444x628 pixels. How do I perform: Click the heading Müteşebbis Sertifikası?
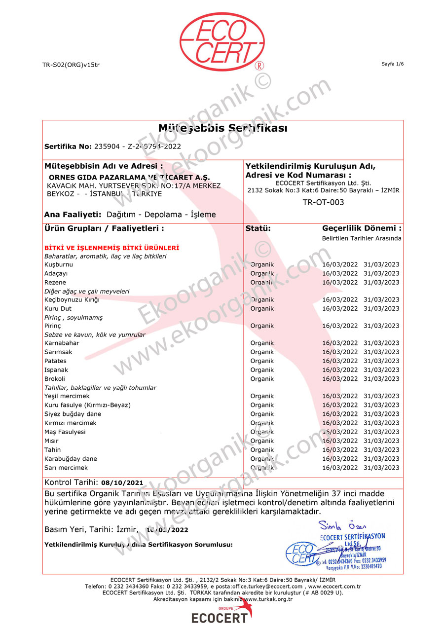pyautogui.click(x=222, y=128)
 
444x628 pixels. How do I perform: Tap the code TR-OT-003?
pyautogui.click(x=323, y=202)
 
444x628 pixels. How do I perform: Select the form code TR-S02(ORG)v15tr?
pyautogui.click(x=71, y=65)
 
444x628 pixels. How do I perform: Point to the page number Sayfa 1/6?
pyautogui.click(x=392, y=64)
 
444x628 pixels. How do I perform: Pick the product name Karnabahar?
pyautogui.click(x=62, y=343)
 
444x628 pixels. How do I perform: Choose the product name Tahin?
pyautogui.click(x=53, y=449)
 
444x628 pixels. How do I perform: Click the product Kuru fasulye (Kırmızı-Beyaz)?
pyautogui.click(x=87, y=405)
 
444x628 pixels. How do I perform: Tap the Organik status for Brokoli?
pyautogui.click(x=262, y=379)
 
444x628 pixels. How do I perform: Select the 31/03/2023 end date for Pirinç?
pyautogui.click(x=381, y=326)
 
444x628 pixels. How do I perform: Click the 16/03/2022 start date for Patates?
pyautogui.click(x=340, y=361)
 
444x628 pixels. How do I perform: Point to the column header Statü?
pyautogui.click(x=258, y=228)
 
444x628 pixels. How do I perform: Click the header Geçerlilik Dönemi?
pyautogui.click(x=362, y=228)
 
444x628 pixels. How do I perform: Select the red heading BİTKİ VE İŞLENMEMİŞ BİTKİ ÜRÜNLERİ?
pyautogui.click(x=111, y=248)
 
